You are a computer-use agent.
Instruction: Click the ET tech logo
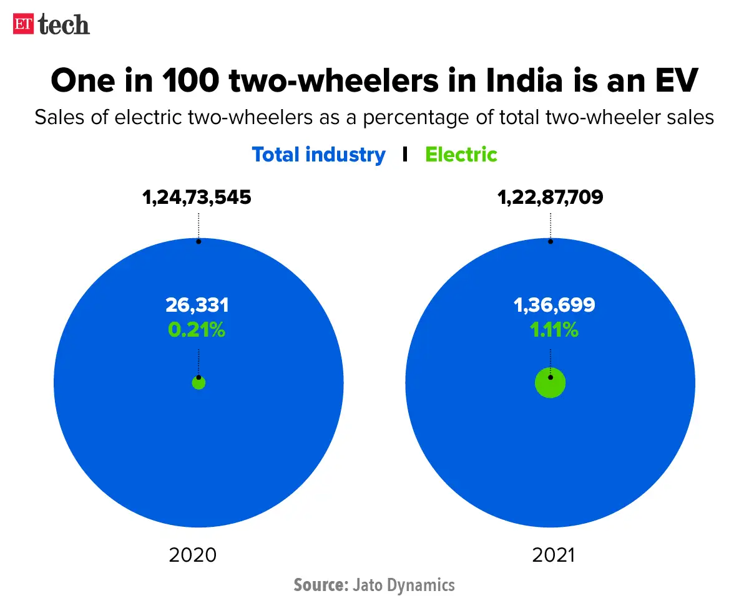click(x=51, y=24)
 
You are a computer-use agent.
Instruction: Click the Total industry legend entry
click(x=318, y=155)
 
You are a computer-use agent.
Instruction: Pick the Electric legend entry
click(x=461, y=155)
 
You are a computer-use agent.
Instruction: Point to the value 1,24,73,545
click(x=197, y=198)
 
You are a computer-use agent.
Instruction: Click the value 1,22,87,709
click(x=550, y=198)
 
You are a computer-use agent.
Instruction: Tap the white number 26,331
click(x=197, y=305)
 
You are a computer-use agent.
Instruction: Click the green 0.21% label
click(x=197, y=329)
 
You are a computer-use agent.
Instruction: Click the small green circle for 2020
click(x=198, y=383)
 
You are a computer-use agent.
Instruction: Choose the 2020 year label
click(x=193, y=555)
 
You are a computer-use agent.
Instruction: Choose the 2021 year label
click(x=553, y=555)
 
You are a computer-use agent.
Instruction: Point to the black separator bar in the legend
click(x=405, y=155)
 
